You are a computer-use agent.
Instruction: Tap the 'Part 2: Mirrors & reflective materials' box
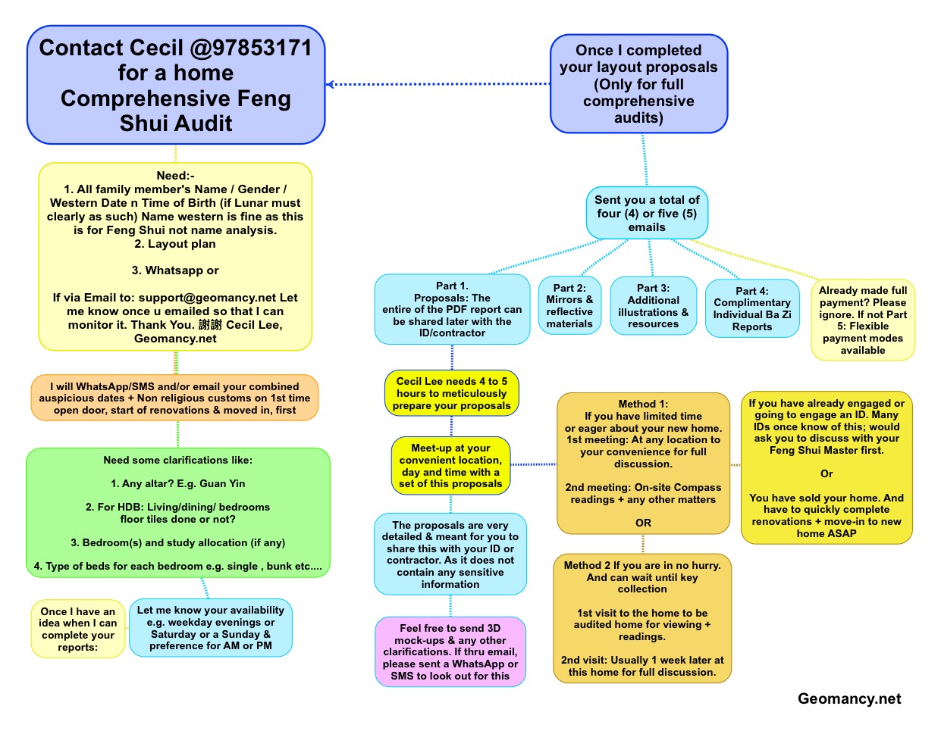pyautogui.click(x=569, y=306)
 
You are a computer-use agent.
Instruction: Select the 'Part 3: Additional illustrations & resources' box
pyautogui.click(x=653, y=306)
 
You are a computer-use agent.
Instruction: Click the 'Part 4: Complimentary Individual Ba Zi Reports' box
pyautogui.click(x=751, y=309)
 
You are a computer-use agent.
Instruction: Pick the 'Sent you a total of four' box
pyautogui.click(x=647, y=213)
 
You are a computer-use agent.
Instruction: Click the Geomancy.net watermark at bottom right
pyautogui.click(x=848, y=699)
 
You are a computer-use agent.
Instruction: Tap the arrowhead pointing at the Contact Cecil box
pyautogui.click(x=331, y=84)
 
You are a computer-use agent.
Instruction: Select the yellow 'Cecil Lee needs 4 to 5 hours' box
pyautogui.click(x=452, y=393)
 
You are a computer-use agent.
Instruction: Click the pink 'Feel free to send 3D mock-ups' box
pyautogui.click(x=450, y=651)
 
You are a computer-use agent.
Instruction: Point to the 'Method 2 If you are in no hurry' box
pyautogui.click(x=642, y=618)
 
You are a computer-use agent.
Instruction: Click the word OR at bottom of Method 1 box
pyautogui.click(x=643, y=523)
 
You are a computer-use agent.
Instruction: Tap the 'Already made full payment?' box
pyautogui.click(x=863, y=320)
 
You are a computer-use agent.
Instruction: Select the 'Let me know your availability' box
pyautogui.click(x=211, y=628)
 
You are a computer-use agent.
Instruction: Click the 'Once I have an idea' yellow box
pyautogui.click(x=78, y=629)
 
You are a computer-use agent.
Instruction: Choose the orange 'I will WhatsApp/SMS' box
pyautogui.click(x=175, y=398)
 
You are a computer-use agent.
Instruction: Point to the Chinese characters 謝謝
pyautogui.click(x=210, y=325)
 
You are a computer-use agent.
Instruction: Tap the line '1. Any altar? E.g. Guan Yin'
pyautogui.click(x=178, y=483)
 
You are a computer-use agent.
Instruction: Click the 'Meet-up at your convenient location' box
pyautogui.click(x=450, y=466)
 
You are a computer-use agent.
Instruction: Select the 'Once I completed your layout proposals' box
pyautogui.click(x=638, y=84)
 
